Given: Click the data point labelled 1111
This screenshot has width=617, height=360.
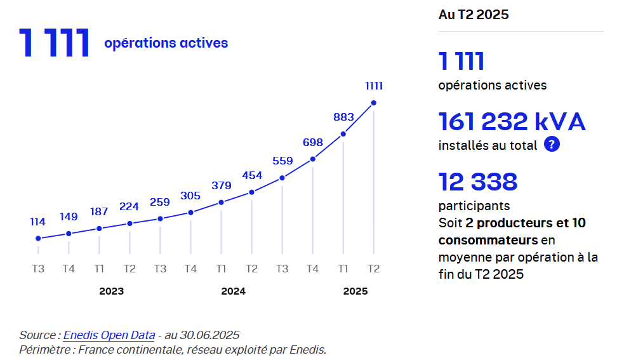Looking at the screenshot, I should point(374,103).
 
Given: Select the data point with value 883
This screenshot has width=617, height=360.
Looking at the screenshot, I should point(343,134).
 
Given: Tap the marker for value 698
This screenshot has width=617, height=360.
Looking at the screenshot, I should point(313,159).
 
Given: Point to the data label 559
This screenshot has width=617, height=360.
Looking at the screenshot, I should point(282,161).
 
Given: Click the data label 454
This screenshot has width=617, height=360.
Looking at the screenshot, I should point(252,175).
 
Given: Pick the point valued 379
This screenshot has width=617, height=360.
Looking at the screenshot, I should point(222,203).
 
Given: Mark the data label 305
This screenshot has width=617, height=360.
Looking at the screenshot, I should point(190,196).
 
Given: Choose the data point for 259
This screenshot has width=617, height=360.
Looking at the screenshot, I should point(160,219).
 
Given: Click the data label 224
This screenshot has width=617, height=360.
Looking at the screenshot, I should point(129,206).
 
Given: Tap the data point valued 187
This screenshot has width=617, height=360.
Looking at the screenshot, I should point(99,229).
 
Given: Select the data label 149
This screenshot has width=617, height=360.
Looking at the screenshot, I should point(69,217).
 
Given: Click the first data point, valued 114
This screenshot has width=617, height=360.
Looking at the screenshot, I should point(38,239).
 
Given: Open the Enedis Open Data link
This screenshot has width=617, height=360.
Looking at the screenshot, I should point(109,335).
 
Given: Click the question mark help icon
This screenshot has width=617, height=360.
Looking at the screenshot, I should point(552,145).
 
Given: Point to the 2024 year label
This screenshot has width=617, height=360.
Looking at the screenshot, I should point(233,291).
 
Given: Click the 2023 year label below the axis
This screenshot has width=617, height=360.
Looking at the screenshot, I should point(111,291).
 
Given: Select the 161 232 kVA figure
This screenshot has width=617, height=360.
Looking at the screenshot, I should point(512,121).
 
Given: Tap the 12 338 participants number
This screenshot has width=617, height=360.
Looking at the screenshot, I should point(478,182).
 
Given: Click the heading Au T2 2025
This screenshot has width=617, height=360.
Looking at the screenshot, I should point(474,15).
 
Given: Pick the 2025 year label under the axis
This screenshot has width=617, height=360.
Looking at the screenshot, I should point(355,291).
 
